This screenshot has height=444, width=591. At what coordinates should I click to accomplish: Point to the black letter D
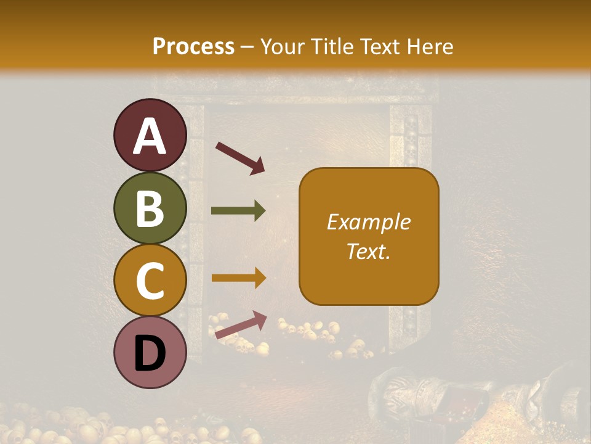[x=150, y=354]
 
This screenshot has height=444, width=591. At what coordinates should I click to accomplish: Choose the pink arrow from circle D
[x=241, y=324]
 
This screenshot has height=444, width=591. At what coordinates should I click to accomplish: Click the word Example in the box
[x=369, y=222]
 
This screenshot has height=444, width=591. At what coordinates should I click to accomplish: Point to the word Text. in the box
[x=369, y=252]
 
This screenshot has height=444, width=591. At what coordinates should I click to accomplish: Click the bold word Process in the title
[x=193, y=46]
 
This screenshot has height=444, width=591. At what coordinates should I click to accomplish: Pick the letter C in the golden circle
[x=150, y=281]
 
